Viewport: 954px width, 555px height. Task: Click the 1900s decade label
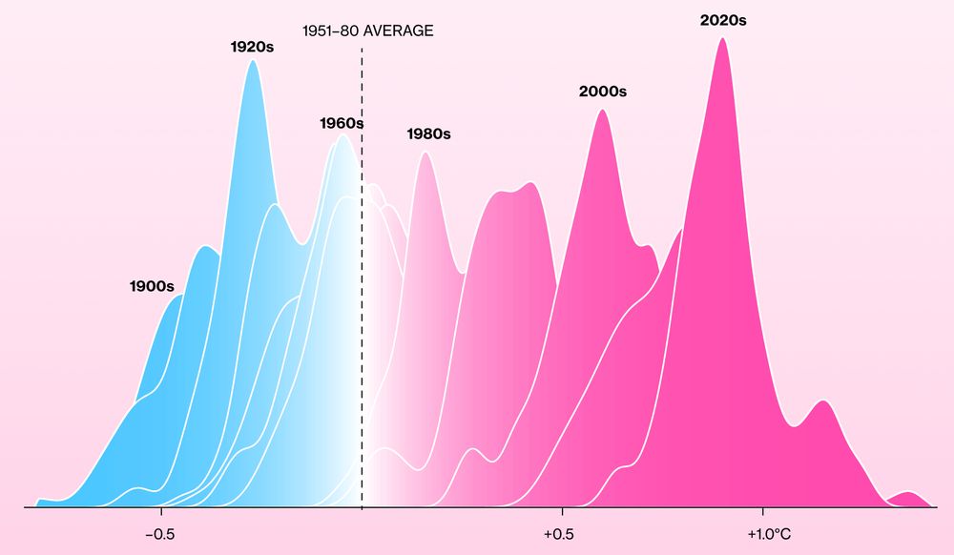coord(152,286)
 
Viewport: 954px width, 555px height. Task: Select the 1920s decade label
coord(252,46)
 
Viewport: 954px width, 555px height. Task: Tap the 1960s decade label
coord(342,123)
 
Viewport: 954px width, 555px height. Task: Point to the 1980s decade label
coord(428,134)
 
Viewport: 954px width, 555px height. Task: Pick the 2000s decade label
coord(602,92)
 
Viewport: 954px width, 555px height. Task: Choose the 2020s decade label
coord(723,19)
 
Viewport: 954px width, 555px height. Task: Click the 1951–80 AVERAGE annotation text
coord(367,31)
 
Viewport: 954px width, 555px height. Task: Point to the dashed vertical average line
coord(362,286)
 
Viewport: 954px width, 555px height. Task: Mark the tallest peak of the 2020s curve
coord(722,39)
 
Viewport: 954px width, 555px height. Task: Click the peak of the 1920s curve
coord(253,61)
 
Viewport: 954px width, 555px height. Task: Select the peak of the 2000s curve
coord(601,111)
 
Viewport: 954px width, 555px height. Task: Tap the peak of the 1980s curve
coord(425,154)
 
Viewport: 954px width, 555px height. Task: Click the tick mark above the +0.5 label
coord(560,512)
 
